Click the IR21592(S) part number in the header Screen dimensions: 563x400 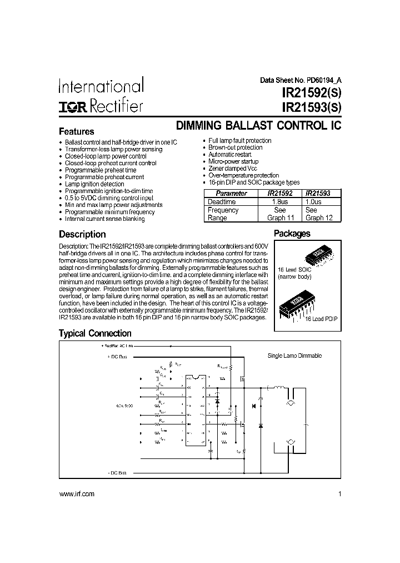tap(311, 92)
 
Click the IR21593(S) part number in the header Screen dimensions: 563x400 tap(311, 106)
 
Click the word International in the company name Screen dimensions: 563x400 tap(101, 86)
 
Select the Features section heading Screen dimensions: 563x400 tap(76, 132)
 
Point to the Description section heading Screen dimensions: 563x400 tap(82, 234)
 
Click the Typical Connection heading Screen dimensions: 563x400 tap(95, 333)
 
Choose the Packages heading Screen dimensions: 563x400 tap(292, 234)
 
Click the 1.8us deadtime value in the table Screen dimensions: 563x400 tap(280, 202)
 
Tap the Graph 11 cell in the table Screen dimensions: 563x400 tap(280, 218)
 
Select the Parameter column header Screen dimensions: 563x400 tap(231, 194)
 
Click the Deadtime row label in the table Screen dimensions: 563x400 tap(222, 202)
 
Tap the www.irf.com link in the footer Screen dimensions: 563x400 tap(77, 494)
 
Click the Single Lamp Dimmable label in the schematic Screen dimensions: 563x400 tap(294, 355)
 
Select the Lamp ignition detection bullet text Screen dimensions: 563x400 tap(94, 184)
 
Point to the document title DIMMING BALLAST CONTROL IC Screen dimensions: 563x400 tap(258, 126)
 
